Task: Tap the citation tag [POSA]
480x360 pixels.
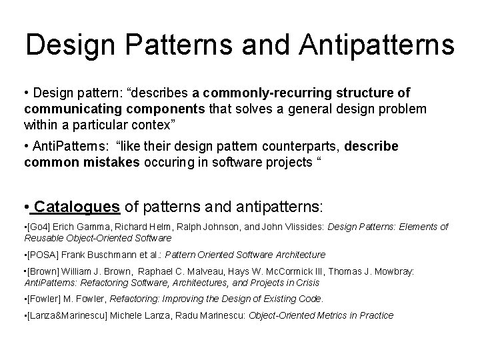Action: pyautogui.click(x=43, y=255)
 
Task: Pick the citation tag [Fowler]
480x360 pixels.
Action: pyautogui.click(x=45, y=299)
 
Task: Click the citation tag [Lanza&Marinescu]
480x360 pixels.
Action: pyautogui.click(x=65, y=315)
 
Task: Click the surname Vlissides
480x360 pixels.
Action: pyautogui.click(x=301, y=227)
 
